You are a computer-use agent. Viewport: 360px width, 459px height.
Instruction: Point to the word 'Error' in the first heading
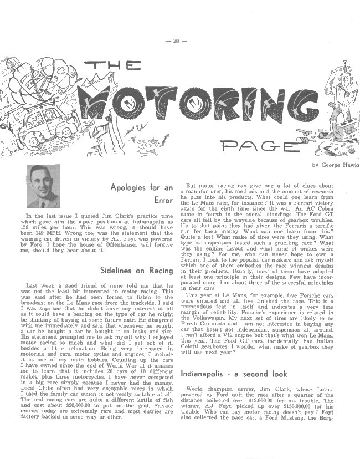coord(164,200)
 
